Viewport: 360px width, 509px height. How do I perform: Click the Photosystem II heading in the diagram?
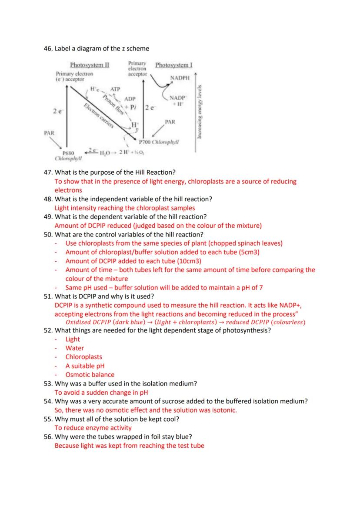(90, 65)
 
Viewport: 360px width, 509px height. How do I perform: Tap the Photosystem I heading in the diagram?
(174, 65)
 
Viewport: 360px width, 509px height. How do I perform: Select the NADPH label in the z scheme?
(180, 78)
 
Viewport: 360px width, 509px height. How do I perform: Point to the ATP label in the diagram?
(115, 89)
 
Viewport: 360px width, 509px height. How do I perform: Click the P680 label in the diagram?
(69, 153)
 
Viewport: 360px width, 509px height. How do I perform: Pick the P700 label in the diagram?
(146, 142)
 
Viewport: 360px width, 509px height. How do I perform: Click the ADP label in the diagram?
(130, 100)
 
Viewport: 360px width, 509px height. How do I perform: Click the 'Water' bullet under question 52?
(75, 348)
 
